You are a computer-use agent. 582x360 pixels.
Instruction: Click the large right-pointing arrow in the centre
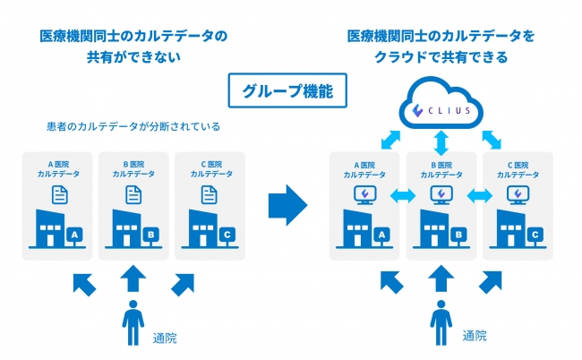(x=287, y=205)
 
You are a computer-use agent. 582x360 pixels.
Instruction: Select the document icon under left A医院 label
(x=57, y=193)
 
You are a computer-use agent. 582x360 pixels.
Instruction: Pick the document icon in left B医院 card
(x=133, y=193)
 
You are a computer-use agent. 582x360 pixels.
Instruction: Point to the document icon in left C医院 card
(x=209, y=193)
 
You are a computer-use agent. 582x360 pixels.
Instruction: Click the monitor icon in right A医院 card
(x=364, y=194)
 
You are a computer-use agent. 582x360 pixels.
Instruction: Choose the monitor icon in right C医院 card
(x=517, y=194)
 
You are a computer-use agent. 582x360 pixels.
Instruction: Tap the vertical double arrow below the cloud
(x=440, y=141)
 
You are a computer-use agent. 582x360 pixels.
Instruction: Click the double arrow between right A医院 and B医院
(x=402, y=194)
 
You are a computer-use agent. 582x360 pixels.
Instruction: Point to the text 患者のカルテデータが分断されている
(x=133, y=126)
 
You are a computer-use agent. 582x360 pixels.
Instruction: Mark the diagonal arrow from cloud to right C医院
(x=492, y=139)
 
